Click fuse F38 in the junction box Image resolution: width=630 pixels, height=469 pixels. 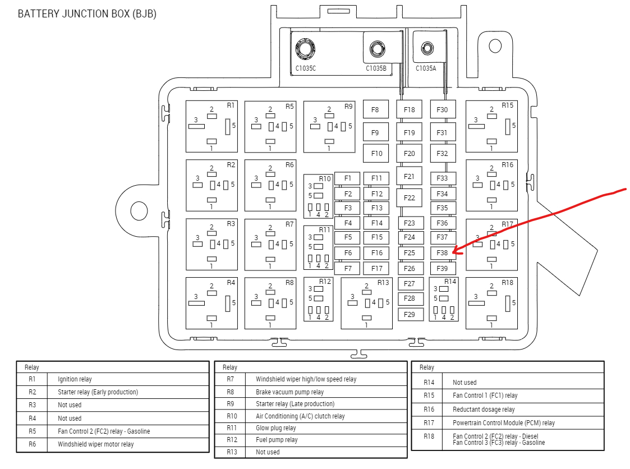443,253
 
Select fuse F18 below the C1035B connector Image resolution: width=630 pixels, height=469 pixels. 410,109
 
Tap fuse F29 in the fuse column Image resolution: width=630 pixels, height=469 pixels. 410,314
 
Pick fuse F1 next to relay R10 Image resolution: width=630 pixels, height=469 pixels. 348,178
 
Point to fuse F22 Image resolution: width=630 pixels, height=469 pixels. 410,197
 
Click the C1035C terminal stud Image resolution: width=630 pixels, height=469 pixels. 305,49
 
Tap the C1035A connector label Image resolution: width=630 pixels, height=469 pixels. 425,68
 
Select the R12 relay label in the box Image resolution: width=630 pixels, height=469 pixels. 325,282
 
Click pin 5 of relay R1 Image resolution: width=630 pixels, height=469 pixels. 228,126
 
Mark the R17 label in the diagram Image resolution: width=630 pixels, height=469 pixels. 507,224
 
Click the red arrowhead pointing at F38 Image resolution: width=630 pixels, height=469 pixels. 457,252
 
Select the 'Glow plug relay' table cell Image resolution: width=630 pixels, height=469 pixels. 275,428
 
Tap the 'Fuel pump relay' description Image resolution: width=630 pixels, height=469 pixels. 277,440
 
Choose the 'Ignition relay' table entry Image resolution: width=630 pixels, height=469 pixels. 75,379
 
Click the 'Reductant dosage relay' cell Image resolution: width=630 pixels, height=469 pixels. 484,410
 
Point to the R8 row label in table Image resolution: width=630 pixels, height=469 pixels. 230,392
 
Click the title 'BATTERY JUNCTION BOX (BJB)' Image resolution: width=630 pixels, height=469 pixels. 87,13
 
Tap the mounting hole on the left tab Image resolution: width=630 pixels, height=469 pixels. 139,210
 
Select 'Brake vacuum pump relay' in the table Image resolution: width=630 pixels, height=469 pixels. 289,392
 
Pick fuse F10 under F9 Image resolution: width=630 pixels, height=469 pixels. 376,153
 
